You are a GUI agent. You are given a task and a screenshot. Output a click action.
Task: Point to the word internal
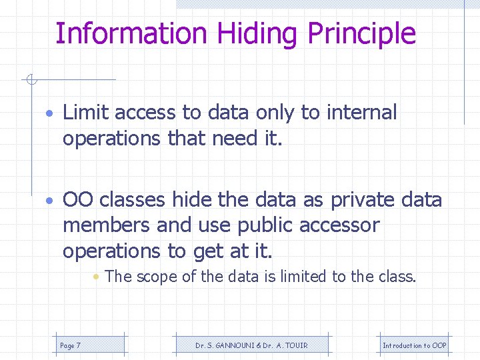361,113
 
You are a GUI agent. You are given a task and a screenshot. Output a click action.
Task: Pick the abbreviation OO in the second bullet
77,199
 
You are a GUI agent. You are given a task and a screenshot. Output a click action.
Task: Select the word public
262,225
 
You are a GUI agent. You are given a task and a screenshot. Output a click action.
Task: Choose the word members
107,225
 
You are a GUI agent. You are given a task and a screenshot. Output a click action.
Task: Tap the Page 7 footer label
70,345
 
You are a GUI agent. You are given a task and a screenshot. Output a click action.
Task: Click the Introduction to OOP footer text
414,345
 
